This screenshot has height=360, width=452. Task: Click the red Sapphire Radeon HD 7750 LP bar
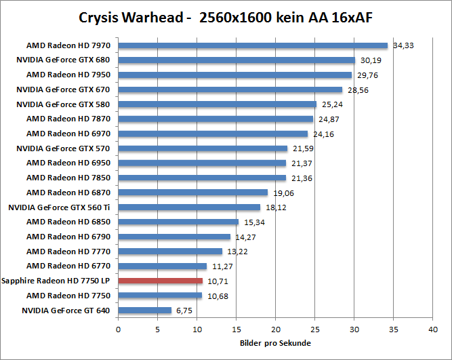[x=161, y=281]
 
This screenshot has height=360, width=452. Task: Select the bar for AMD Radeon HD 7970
[x=253, y=45]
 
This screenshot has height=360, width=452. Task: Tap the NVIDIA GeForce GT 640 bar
[x=145, y=311]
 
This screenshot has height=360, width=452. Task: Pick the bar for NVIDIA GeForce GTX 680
[x=237, y=60]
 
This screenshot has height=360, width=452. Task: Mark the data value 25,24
[x=331, y=105]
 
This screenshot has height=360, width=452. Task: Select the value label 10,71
[x=217, y=281]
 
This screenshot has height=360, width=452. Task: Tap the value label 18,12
[x=275, y=208]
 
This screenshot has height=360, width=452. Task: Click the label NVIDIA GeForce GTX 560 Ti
[x=60, y=207]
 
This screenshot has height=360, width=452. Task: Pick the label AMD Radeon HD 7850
[x=68, y=178]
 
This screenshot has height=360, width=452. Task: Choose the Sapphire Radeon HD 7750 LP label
[x=56, y=281]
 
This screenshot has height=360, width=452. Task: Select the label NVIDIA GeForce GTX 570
[x=63, y=148]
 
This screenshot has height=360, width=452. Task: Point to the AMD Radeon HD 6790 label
[x=68, y=237]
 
